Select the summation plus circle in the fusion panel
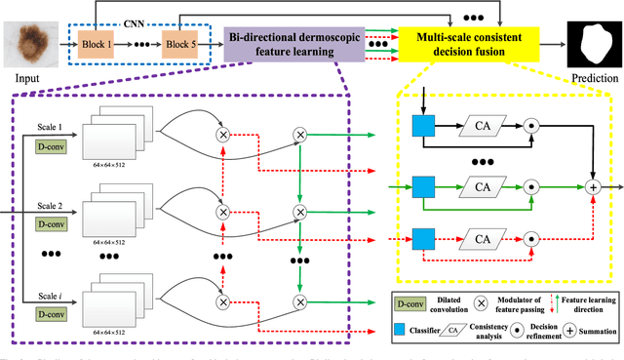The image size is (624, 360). coord(591,183)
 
